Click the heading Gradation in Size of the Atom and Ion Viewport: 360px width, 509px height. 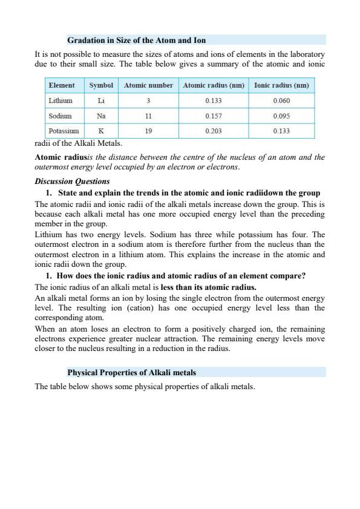pyautogui.click(x=136, y=41)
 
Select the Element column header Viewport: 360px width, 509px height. pyautogui.click(x=62, y=85)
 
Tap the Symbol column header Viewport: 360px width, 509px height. pyautogui.click(x=101, y=85)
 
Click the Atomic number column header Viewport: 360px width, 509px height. pyautogui.click(x=148, y=85)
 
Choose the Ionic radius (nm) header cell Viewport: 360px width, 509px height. pyautogui.click(x=281, y=85)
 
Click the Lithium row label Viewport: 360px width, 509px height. pyautogui.click(x=61, y=100)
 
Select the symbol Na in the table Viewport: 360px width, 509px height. pyautogui.click(x=101, y=116)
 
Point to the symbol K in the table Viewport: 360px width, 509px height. pyautogui.click(x=101, y=130)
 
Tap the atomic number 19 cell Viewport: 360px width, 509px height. pyautogui.click(x=148, y=130)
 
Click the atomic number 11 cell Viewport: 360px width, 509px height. pyautogui.click(x=148, y=116)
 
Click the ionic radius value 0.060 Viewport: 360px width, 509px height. pyautogui.click(x=281, y=100)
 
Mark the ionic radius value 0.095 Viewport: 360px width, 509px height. pyautogui.click(x=281, y=116)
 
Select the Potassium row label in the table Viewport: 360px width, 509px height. pyautogui.click(x=64, y=130)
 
